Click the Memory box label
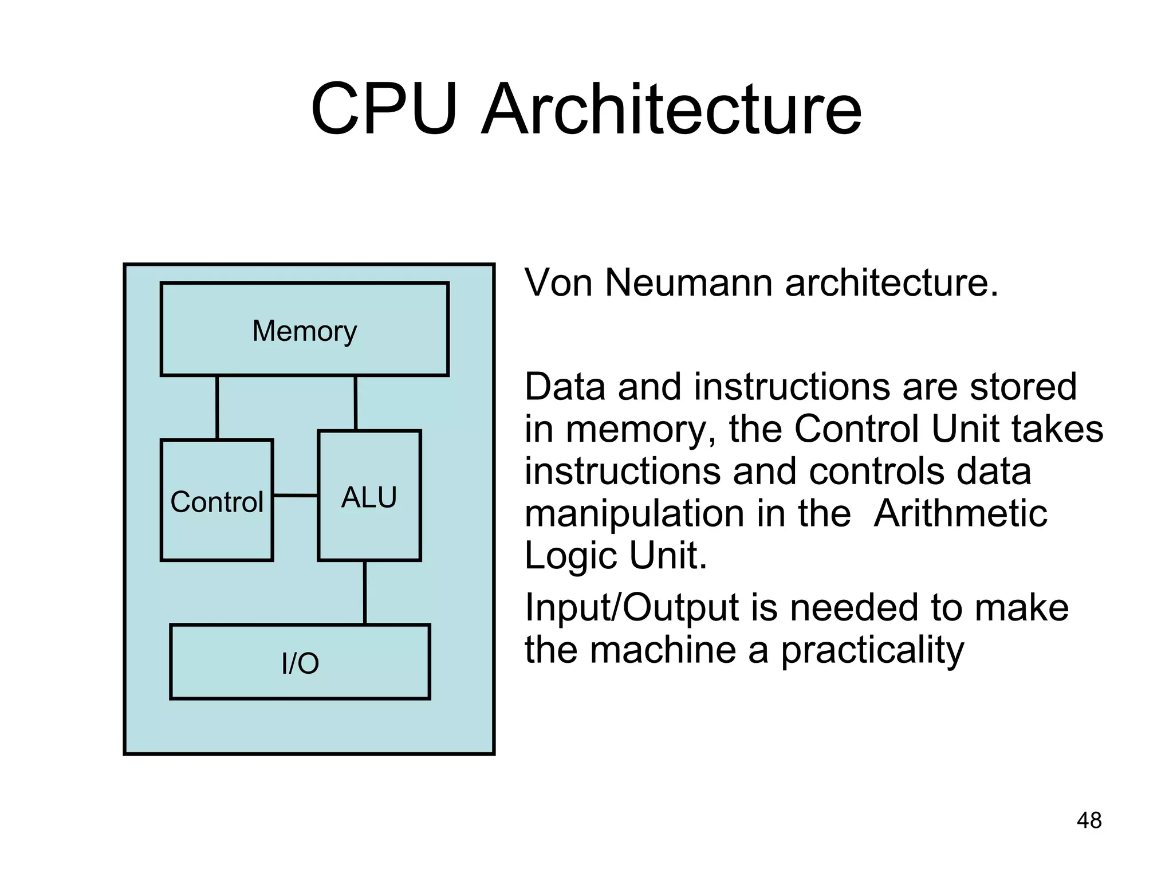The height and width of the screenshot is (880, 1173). [304, 331]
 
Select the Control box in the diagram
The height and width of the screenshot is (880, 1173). [217, 501]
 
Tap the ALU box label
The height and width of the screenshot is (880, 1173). [369, 497]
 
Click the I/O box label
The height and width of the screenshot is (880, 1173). [300, 663]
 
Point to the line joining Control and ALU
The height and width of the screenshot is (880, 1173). [296, 495]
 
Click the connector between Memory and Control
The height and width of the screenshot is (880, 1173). [217, 407]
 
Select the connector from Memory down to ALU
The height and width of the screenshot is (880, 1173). [356, 403]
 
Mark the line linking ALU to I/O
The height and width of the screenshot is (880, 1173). [365, 592]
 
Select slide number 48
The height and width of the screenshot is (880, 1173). [1089, 820]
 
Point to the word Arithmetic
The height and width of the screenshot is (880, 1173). [961, 513]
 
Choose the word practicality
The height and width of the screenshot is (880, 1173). [872, 651]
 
